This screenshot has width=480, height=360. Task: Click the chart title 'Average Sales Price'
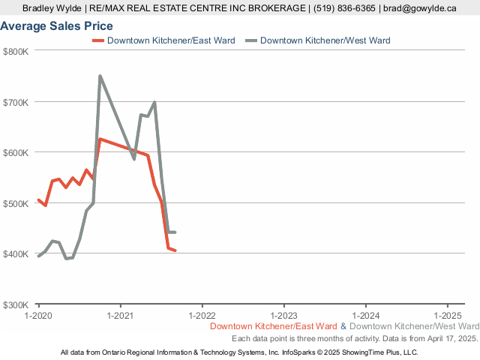pos(57,26)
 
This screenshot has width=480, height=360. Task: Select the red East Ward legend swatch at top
pos(97,40)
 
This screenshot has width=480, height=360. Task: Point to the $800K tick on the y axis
pos(16,51)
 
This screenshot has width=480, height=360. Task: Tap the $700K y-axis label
pos(16,102)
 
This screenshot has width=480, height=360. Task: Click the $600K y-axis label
pos(16,152)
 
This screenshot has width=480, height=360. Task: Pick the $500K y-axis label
pos(16,203)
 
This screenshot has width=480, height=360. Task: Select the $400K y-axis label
pos(16,254)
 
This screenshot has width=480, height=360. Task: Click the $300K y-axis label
pos(16,305)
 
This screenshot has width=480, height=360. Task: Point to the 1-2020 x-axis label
pos(38,316)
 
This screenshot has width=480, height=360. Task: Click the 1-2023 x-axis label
pos(283,316)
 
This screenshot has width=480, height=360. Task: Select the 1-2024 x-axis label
pos(365,316)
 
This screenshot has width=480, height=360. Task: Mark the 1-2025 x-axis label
pos(447,316)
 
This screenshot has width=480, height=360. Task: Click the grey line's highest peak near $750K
pos(100,76)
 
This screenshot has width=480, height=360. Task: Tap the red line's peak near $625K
pos(100,139)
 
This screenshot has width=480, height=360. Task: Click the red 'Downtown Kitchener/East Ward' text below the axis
pos(274,327)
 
